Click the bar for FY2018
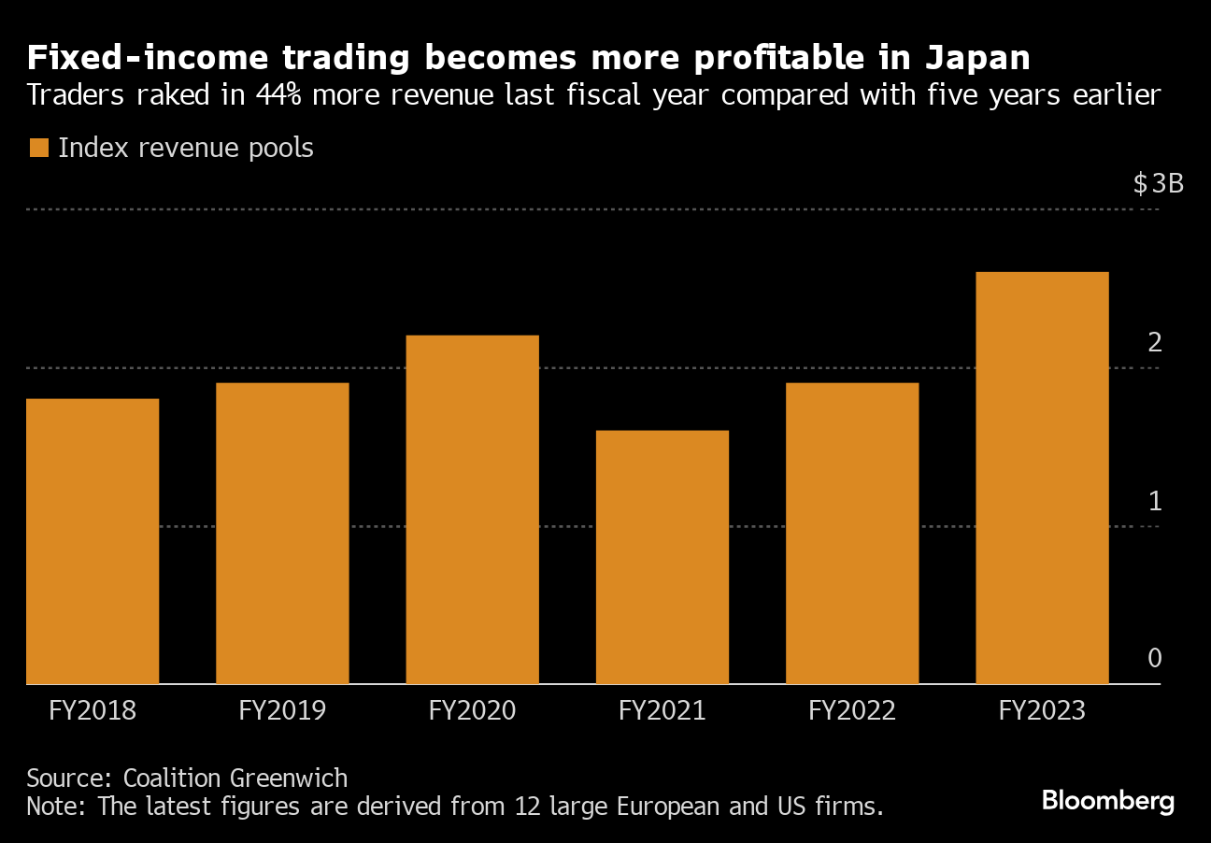point(93,541)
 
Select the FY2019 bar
point(282,533)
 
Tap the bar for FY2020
point(472,509)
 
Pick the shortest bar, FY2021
point(662,557)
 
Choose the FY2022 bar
point(852,533)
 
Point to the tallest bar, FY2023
point(1042,478)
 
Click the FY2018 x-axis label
point(93,711)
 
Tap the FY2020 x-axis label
point(472,711)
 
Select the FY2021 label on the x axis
point(662,711)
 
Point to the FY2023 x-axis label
point(1042,711)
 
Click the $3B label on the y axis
point(1158,183)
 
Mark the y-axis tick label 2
point(1155,343)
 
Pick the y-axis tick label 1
point(1155,501)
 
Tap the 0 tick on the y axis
point(1155,659)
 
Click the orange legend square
point(38,149)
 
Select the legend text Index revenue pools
point(186,149)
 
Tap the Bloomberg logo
point(1108,801)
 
